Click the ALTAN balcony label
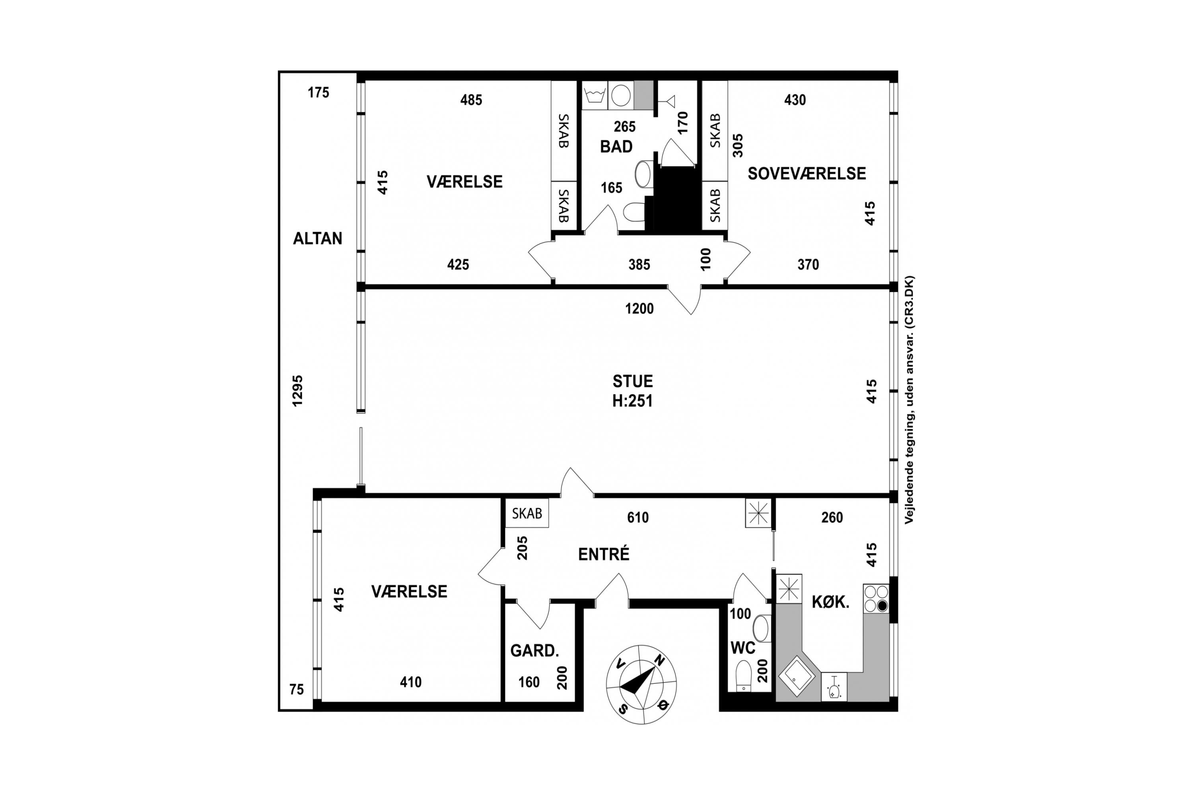click(317, 238)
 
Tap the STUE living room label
click(633, 381)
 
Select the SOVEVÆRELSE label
click(806, 173)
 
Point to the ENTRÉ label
click(604, 554)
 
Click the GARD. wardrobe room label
click(534, 650)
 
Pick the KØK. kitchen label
click(830, 602)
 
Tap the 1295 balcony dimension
click(297, 390)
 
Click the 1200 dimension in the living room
click(639, 308)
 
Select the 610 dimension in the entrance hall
click(637, 517)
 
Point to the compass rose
click(641, 684)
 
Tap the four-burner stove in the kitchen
click(876, 599)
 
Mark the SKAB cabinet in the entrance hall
click(527, 513)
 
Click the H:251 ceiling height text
click(633, 401)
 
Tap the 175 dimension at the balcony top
click(319, 92)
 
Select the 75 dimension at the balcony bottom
click(297, 689)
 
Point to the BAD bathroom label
click(616, 147)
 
